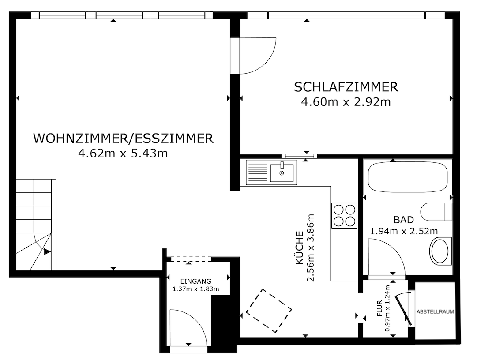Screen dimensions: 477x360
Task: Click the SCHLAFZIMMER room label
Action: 346,87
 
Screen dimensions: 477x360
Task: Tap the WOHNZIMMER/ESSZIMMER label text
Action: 123,139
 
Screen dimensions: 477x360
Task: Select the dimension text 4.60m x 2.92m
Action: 346,102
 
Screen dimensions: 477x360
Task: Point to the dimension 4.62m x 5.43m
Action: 123,153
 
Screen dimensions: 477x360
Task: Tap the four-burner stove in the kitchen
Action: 344,215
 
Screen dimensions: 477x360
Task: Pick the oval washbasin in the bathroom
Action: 440,251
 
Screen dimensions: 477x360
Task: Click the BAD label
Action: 404,220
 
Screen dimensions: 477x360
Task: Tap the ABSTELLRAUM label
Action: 435,311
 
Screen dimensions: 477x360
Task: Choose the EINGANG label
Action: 195,281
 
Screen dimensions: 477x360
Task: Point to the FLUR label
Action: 379,308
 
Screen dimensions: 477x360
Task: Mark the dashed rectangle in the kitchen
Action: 269,311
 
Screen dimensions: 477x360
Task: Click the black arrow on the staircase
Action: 47,252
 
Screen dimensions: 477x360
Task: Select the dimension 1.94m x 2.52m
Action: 404,231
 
